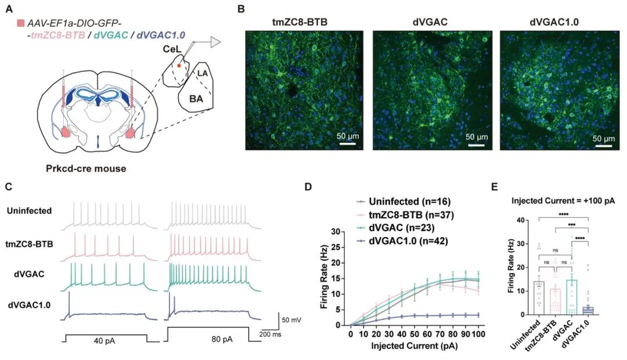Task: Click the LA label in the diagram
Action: (x=202, y=74)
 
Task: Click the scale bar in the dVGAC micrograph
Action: (x=475, y=143)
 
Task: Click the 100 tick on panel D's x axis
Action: (x=478, y=335)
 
